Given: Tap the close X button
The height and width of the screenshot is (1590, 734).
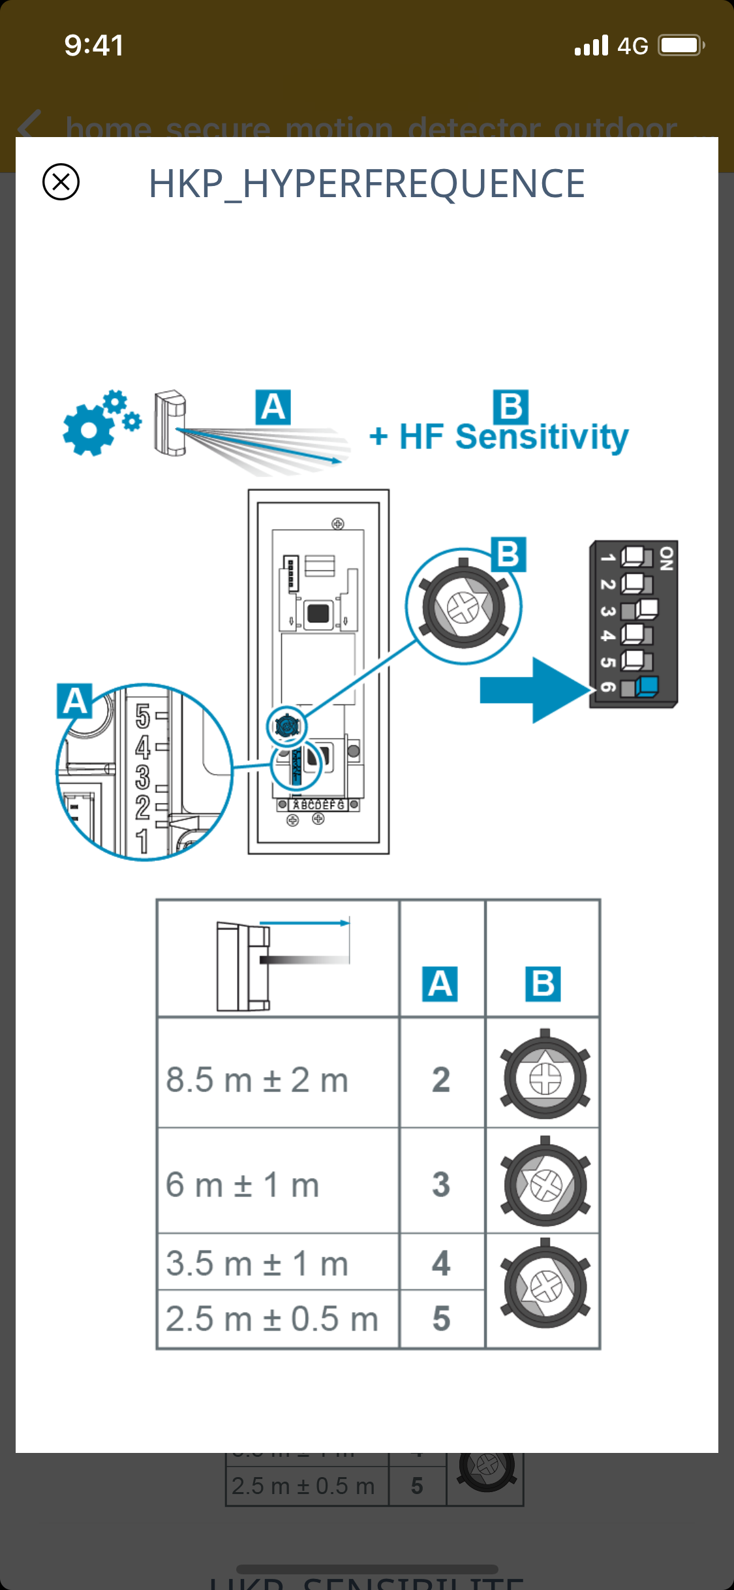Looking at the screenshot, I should pos(61,181).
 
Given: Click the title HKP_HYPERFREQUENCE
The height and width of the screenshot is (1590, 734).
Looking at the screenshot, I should pos(367,183).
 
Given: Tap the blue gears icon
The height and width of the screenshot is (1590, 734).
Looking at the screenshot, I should pos(100,423).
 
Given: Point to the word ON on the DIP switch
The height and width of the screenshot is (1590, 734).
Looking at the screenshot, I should pos(666,559).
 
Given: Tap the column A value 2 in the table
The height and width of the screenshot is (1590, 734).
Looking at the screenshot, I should pos(441,1080).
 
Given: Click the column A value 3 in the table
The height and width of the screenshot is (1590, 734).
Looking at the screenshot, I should pos(441,1185).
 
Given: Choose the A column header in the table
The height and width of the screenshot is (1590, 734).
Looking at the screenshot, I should pos(440,984).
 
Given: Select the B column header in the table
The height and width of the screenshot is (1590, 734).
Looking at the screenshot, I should pos(543,984).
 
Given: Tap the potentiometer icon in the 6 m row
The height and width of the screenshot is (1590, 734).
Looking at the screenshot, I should pos(545,1183).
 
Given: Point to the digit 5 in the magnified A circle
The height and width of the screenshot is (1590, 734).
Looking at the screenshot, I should pos(142,716).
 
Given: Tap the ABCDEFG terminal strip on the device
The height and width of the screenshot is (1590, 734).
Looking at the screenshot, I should pos(318,805).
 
